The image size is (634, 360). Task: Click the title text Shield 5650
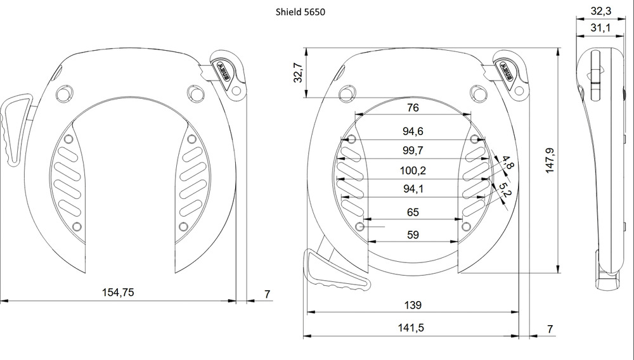click(300, 11)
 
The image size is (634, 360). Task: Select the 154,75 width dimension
click(118, 292)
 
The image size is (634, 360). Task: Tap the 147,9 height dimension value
click(550, 161)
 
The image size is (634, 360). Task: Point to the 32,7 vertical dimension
click(298, 72)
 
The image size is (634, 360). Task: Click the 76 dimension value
click(413, 108)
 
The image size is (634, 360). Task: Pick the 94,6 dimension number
click(413, 131)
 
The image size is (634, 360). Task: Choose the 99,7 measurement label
click(413, 150)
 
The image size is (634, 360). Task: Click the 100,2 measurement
click(413, 170)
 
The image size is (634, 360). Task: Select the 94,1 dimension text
click(413, 189)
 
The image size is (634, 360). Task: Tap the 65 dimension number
click(413, 212)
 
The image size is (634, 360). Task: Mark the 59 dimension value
click(413, 235)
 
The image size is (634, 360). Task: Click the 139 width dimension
click(413, 305)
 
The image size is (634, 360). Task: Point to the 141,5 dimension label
click(411, 328)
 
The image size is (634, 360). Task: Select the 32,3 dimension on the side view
click(601, 11)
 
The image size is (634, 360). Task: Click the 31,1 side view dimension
click(601, 28)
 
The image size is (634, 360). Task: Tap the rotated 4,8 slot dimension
click(508, 162)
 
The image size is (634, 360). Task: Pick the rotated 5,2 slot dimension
click(505, 190)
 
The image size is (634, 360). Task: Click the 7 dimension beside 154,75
click(268, 294)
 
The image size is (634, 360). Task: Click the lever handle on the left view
click(15, 129)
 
